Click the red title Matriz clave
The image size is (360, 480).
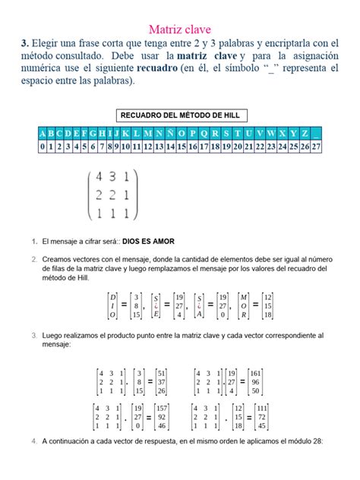click(x=179, y=30)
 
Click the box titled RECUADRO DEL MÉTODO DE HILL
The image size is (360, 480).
click(x=179, y=115)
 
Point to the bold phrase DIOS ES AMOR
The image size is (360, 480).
click(x=148, y=242)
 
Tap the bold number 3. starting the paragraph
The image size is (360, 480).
click(x=26, y=44)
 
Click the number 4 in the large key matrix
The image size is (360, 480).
click(x=98, y=178)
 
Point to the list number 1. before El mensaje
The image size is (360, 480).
click(x=34, y=242)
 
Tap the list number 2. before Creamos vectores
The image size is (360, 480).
click(x=34, y=259)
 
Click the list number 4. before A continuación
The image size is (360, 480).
click(x=34, y=441)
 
